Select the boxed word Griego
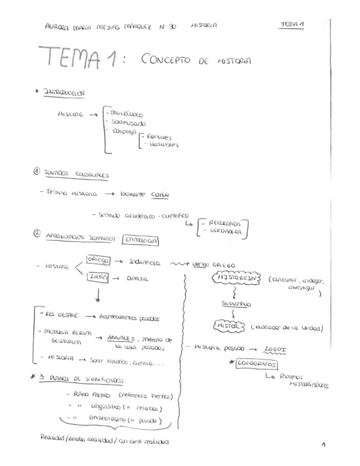(98, 259)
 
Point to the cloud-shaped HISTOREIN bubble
(234, 279)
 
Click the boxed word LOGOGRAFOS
(257, 364)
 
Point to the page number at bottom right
(323, 444)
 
